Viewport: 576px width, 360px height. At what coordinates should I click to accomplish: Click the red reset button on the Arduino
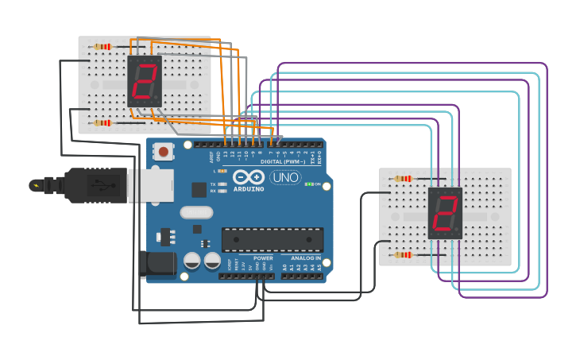pyautogui.click(x=164, y=150)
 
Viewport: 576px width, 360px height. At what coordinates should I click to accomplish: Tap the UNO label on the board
pyautogui.click(x=285, y=177)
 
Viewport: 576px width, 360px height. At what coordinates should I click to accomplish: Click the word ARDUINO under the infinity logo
pyautogui.click(x=248, y=189)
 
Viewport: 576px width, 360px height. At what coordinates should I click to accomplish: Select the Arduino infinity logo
pyautogui.click(x=248, y=177)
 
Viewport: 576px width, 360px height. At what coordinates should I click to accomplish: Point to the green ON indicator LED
pyautogui.click(x=307, y=184)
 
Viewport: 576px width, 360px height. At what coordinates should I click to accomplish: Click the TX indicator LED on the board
pyautogui.click(x=222, y=184)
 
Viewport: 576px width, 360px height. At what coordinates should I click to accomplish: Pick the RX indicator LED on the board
pyautogui.click(x=222, y=192)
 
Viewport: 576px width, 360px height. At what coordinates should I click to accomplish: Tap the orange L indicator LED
pyautogui.click(x=222, y=171)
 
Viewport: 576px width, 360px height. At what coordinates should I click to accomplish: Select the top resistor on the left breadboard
pyautogui.click(x=102, y=47)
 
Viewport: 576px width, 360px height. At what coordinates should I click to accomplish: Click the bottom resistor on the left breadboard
pyautogui.click(x=102, y=123)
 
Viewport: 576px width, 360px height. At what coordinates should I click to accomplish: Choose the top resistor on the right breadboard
pyautogui.click(x=404, y=179)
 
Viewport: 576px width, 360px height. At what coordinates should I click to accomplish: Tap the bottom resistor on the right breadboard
pyautogui.click(x=404, y=255)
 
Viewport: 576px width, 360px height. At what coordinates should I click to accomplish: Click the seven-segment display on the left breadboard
pyautogui.click(x=145, y=81)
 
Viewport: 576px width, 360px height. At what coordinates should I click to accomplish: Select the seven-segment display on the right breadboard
pyautogui.click(x=445, y=213)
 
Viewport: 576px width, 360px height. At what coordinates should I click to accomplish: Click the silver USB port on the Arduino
pyautogui.click(x=151, y=184)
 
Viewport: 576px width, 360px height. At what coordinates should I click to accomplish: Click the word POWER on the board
pyautogui.click(x=263, y=258)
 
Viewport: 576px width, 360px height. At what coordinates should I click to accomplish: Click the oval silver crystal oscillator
pyautogui.click(x=196, y=212)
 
